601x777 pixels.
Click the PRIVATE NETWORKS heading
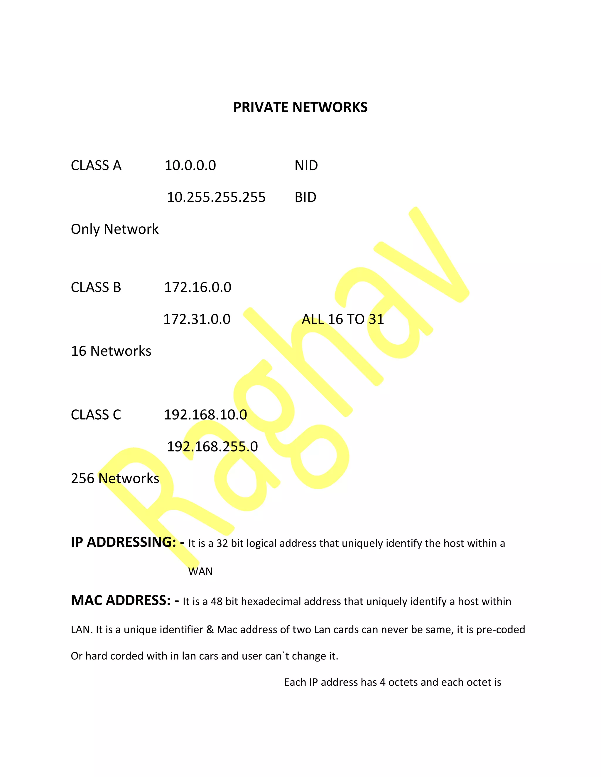coord(300,107)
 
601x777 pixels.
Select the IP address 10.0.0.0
coord(190,166)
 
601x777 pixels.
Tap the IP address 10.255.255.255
coord(216,197)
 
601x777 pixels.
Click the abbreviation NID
coord(306,166)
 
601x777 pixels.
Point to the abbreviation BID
coord(305,197)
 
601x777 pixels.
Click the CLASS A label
coord(96,166)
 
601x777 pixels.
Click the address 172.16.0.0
coord(197,287)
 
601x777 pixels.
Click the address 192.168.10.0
coord(205,415)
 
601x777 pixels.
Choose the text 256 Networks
coord(115,479)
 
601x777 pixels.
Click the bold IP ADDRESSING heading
coord(124,542)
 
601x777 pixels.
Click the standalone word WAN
coord(200,572)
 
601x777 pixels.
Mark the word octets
coord(403,682)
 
